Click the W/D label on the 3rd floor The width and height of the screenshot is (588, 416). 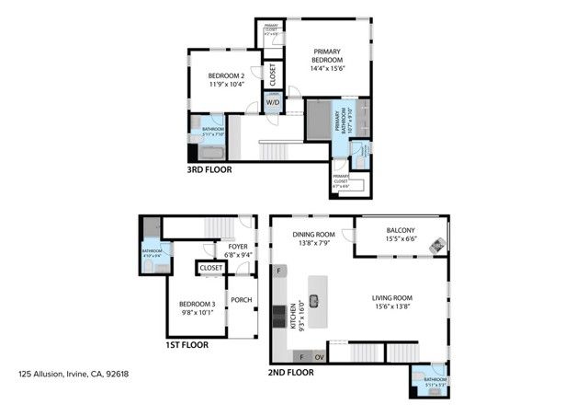tap(272, 103)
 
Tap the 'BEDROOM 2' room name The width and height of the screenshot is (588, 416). tap(225, 75)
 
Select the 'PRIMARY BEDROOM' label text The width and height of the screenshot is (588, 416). tap(328, 55)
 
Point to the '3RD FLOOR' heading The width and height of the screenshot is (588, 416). tap(209, 169)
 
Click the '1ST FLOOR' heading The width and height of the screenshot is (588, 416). tap(187, 345)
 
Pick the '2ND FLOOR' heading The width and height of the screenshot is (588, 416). tap(292, 373)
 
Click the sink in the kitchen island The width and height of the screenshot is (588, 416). tap(313, 298)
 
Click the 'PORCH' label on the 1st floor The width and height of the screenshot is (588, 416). tap(241, 300)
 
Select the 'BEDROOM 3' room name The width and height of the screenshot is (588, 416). tap(197, 305)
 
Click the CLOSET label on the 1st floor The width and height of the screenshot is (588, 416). tap(211, 268)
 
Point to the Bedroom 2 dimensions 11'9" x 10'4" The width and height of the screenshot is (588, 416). tap(225, 85)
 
